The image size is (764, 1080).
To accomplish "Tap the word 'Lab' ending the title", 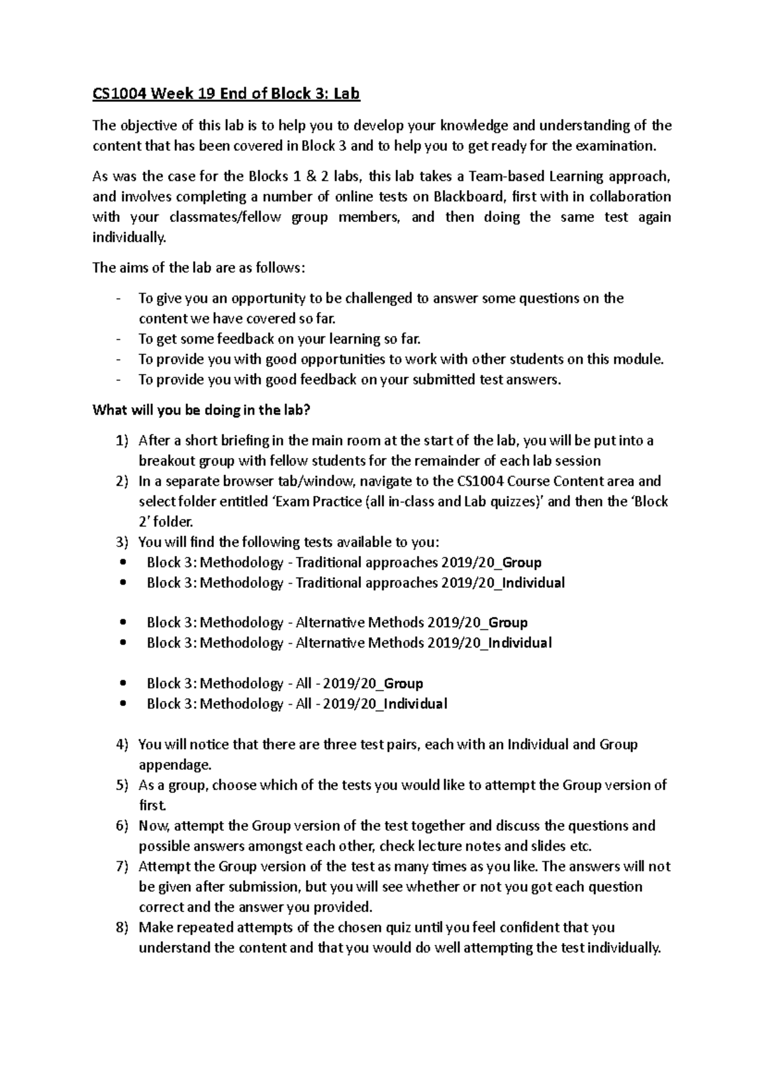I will tap(347, 94).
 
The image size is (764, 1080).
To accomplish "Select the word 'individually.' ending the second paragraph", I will tap(129, 237).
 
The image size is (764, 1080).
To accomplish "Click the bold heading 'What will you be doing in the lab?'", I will tap(201, 410).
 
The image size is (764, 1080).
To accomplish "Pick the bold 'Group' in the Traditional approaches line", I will tap(521, 562).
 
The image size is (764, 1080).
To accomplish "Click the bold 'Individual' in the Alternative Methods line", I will tap(521, 642).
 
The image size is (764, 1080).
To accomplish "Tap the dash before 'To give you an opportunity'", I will tap(119, 298).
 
